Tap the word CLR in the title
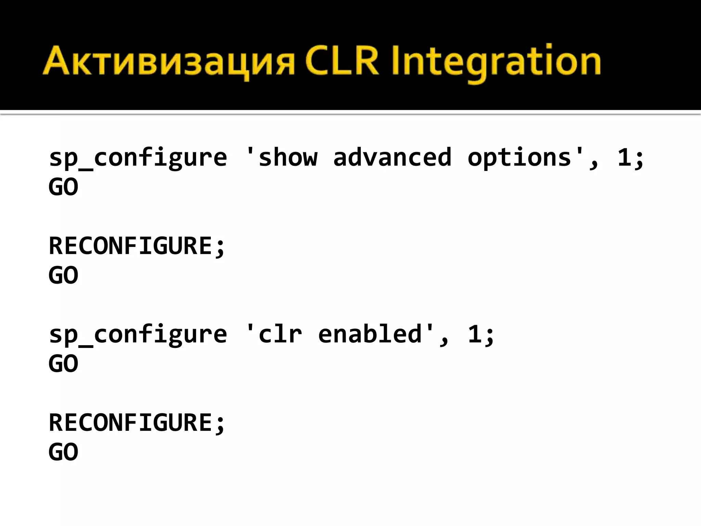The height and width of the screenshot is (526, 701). [x=342, y=61]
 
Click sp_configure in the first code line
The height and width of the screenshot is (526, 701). [x=138, y=158]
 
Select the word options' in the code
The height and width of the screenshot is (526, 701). [x=527, y=158]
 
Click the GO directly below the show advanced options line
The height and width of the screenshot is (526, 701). [x=63, y=187]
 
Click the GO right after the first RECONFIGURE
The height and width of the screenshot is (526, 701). [x=63, y=275]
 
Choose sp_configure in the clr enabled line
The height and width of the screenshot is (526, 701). [x=138, y=335]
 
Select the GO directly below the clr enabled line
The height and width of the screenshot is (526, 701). [x=63, y=364]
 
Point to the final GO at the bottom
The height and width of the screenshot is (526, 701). [x=63, y=452]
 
